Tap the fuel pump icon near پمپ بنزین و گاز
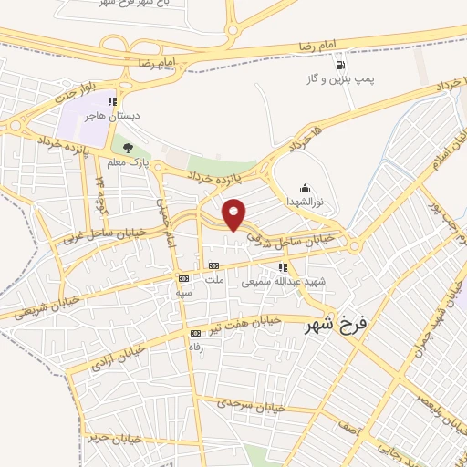pyautogui.click(x=339, y=66)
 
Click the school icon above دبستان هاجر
pyautogui.click(x=112, y=102)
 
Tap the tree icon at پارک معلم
pyautogui.click(x=128, y=148)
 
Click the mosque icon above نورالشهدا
pyautogui.click(x=304, y=189)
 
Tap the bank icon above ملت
pyautogui.click(x=213, y=266)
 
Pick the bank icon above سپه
pyautogui.click(x=184, y=278)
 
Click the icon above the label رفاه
pyautogui.click(x=194, y=333)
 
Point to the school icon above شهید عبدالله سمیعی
pyautogui.click(x=283, y=268)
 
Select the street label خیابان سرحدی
pyautogui.click(x=253, y=404)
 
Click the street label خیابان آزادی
pyautogui.click(x=117, y=358)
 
